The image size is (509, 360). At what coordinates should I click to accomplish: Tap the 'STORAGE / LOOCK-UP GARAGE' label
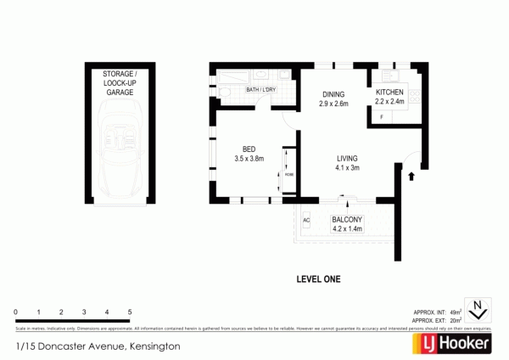pyautogui.click(x=118, y=84)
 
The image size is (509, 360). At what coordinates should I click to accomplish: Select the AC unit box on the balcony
pyautogui.click(x=306, y=221)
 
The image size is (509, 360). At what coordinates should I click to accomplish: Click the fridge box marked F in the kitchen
pyautogui.click(x=382, y=116)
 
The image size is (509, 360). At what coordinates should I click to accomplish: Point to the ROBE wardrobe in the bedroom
pyautogui.click(x=288, y=174)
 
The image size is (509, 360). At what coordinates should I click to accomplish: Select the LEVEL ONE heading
pyautogui.click(x=320, y=277)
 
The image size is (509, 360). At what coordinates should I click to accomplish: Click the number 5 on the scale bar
pyautogui.click(x=130, y=312)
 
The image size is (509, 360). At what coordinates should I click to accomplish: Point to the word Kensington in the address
pyautogui.click(x=152, y=346)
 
